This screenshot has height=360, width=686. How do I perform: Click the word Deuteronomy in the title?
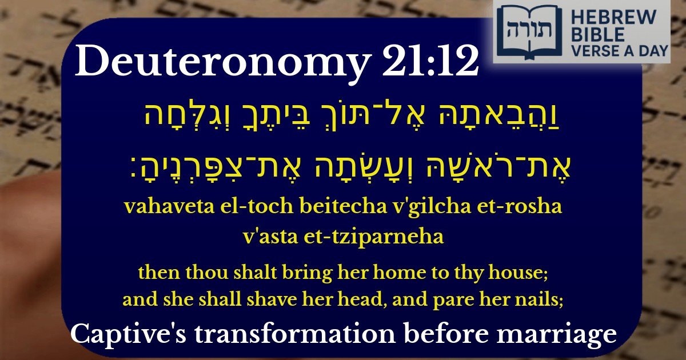pos(220,63)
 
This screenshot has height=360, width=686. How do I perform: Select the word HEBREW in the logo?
pos(607,18)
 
